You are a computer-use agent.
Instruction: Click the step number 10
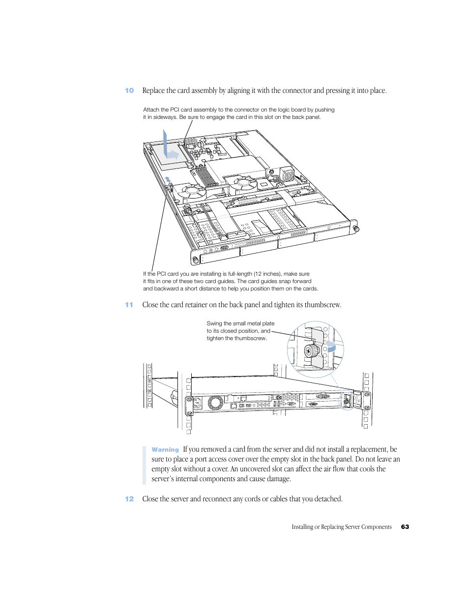click(x=129, y=90)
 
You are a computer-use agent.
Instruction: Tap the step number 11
click(x=129, y=305)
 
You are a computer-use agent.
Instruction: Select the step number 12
click(x=129, y=499)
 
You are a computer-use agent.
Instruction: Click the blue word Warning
click(x=165, y=450)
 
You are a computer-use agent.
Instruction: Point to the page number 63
click(x=405, y=527)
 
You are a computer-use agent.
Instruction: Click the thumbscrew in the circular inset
click(x=312, y=351)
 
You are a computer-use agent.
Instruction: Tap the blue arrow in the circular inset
click(x=330, y=347)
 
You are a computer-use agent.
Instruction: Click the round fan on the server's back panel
click(x=215, y=403)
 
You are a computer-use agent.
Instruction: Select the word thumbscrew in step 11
click(x=322, y=305)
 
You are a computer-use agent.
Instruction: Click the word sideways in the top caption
click(x=165, y=117)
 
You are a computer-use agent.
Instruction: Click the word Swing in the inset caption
click(x=214, y=323)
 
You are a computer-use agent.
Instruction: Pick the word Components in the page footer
click(x=377, y=527)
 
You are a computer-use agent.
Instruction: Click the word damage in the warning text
click(x=278, y=479)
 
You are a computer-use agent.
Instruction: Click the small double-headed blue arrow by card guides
click(x=168, y=179)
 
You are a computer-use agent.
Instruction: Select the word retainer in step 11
click(x=196, y=305)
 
